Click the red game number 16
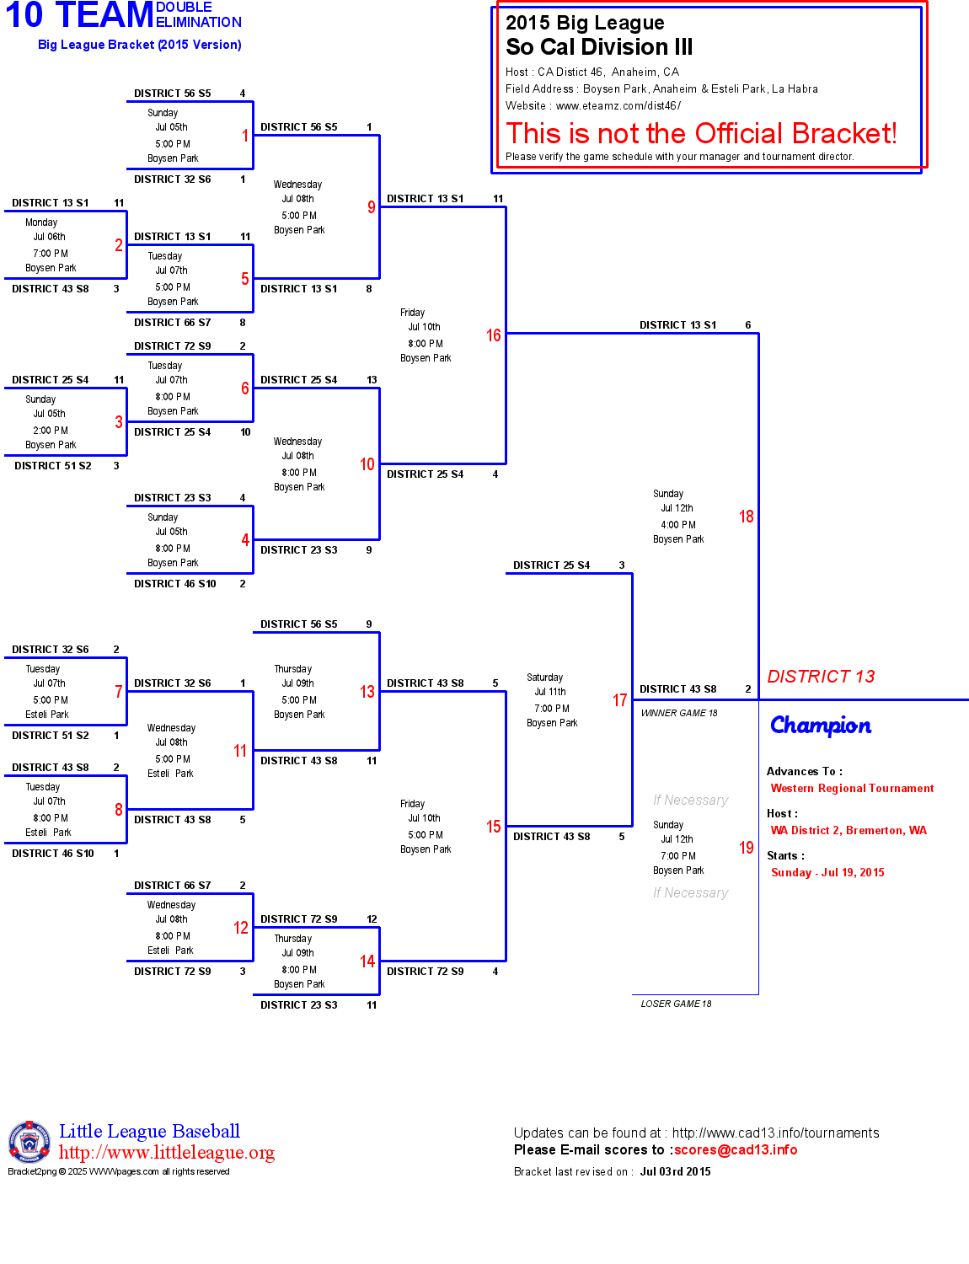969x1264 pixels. coord(494,335)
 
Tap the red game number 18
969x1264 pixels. coord(747,517)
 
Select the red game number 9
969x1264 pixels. coord(372,207)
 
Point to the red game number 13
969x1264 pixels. coord(367,692)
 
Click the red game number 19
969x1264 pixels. coord(747,848)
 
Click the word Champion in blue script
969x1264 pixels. coord(821,726)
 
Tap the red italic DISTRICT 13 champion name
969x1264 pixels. coord(821,677)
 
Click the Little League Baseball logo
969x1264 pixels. coord(29,1142)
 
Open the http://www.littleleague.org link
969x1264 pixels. coord(167,1153)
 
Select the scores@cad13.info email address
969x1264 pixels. coord(736,1150)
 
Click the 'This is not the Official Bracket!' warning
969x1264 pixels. coord(701,133)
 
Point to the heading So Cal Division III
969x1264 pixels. coord(599,47)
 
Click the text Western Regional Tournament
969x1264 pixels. coord(852,789)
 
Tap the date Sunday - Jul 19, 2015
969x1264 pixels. coord(827,873)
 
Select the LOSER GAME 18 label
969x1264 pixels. coord(676,1004)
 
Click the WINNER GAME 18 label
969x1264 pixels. coord(679,713)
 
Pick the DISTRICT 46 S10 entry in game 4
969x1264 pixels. coord(175,584)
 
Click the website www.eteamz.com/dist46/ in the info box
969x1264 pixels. coord(618,106)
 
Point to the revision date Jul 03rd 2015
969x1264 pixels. coord(675,1172)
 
